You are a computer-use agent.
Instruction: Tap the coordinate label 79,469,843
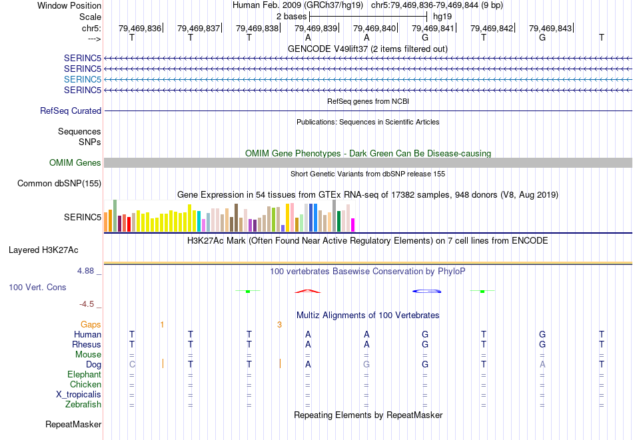[550, 29]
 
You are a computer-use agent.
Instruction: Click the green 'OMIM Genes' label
[75, 163]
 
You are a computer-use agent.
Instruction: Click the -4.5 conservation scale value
[87, 304]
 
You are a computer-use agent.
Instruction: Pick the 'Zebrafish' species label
[83, 405]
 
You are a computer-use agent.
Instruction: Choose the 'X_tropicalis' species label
[79, 395]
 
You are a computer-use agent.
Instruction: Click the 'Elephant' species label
[85, 375]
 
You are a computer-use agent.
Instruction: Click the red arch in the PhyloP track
[308, 291]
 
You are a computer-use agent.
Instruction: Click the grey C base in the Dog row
[132, 365]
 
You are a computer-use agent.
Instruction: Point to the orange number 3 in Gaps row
[280, 325]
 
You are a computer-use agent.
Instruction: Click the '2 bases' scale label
[291, 16]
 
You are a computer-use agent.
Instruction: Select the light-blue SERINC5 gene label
[83, 79]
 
